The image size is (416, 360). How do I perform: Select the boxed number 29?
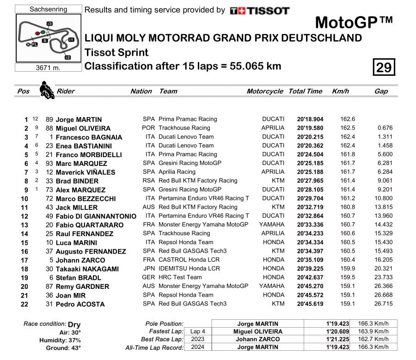[384, 68]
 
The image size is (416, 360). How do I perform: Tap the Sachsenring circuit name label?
[48, 9]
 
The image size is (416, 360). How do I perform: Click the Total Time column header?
[305, 91]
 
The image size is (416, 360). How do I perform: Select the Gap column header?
[381, 91]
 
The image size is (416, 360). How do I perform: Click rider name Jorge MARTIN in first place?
[79, 119]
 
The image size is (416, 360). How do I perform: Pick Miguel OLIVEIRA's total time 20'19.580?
[310, 128]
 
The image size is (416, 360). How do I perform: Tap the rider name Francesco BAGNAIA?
[89, 137]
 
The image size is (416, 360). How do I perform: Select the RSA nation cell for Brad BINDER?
[148, 181]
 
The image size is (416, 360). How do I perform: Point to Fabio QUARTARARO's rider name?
[90, 225]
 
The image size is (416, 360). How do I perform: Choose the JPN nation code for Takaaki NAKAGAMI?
[148, 268]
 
